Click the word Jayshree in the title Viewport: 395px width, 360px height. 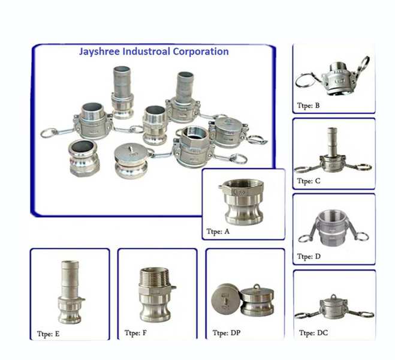[x=98, y=52]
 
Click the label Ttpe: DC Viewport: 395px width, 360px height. [x=313, y=332]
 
